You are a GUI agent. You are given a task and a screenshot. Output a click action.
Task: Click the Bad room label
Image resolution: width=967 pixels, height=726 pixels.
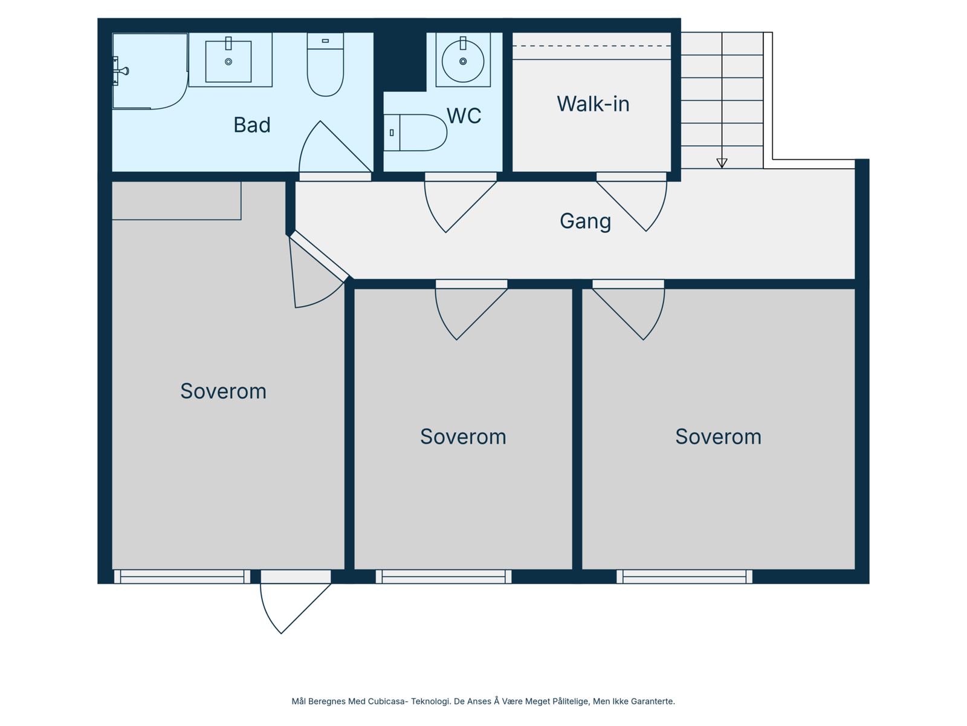point(251,125)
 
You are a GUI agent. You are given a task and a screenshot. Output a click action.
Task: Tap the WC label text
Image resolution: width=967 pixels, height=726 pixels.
point(464,116)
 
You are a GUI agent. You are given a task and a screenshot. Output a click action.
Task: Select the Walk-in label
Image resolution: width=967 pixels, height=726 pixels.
point(593,104)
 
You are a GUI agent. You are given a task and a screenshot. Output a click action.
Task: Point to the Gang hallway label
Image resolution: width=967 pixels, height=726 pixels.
point(585,221)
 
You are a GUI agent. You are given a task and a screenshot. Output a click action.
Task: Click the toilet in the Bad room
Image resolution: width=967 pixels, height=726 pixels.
point(325,64)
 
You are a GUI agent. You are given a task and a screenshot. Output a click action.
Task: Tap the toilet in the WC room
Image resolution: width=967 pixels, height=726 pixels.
point(415,132)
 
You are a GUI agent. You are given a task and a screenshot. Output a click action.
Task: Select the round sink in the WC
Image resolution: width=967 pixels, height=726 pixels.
point(463,61)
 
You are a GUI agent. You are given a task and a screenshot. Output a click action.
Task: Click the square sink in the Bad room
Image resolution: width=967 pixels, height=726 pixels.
point(228,61)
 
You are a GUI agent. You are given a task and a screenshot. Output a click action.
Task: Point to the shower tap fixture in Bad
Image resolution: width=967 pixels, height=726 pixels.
point(120,71)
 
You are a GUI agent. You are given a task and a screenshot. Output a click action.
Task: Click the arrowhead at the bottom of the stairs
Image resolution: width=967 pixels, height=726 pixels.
point(722,163)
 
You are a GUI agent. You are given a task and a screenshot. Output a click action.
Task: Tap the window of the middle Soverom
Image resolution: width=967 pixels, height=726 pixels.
point(443,577)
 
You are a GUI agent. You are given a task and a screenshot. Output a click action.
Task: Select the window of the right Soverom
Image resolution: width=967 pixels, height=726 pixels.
point(684,577)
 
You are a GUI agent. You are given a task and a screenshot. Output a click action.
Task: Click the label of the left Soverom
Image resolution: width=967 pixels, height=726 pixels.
point(224,391)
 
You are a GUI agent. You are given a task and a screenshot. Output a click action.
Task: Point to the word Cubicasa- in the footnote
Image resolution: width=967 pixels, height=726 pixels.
point(387,701)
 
